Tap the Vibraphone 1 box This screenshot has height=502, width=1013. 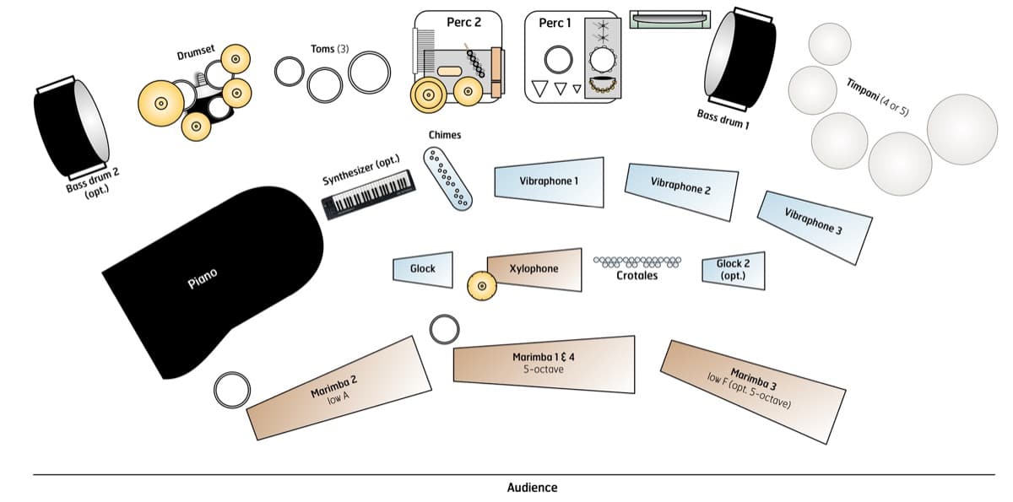(550, 181)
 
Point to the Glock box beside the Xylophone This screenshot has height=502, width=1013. (423, 268)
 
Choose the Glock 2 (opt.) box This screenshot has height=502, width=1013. (734, 269)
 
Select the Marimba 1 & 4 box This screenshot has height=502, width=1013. (544, 364)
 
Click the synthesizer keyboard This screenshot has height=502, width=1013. (371, 194)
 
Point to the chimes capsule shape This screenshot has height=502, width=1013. (448, 179)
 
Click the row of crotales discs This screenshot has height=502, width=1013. (637, 262)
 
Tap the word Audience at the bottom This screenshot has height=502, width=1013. (532, 488)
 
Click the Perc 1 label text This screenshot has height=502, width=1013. (555, 23)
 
